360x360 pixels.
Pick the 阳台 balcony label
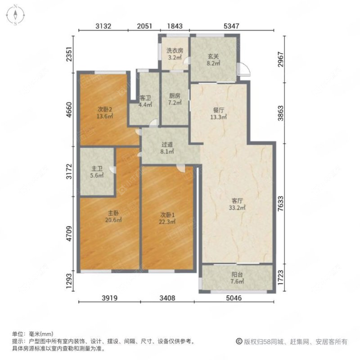238,278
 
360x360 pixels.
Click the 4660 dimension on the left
68,108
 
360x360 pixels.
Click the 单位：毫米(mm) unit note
33,334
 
